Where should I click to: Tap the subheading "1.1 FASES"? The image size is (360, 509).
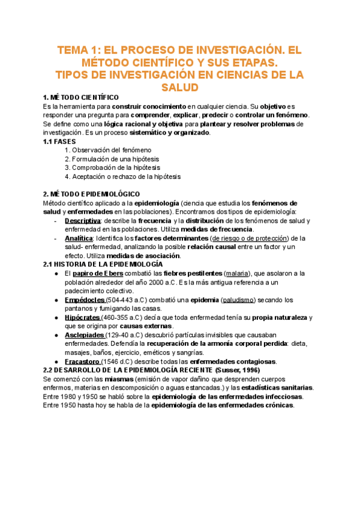click(x=60, y=141)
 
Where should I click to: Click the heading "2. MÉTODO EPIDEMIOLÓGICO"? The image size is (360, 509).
click(x=91, y=194)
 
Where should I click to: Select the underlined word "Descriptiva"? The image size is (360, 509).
click(x=82, y=221)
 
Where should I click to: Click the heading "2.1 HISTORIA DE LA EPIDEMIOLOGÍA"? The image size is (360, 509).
click(x=103, y=264)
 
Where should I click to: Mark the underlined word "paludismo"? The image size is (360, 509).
click(x=239, y=300)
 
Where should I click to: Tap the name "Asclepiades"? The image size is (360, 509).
click(x=84, y=335)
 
